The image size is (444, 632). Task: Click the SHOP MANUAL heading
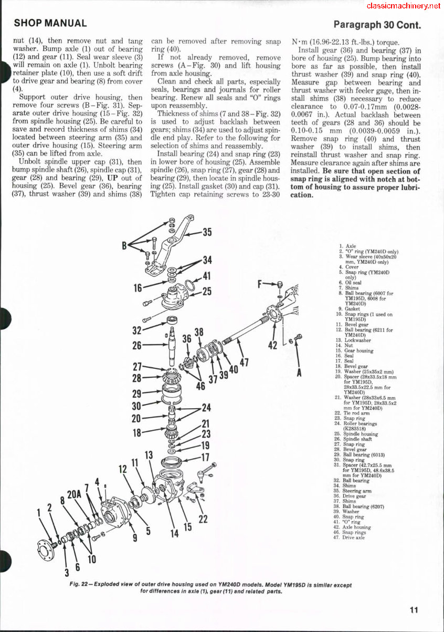pos(50,23)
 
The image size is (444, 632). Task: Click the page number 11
pos(415,610)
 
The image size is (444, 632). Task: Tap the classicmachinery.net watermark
pos(403,6)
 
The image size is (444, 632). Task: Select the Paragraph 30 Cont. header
pos(377,25)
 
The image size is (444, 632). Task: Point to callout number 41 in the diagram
pos(207,276)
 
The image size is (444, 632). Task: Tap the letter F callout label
pos(260,284)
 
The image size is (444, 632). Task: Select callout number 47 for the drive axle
pos(244,363)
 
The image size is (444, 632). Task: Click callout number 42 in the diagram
pos(272,345)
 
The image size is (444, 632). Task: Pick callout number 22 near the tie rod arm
pos(204,519)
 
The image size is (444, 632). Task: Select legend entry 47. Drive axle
pos(357,537)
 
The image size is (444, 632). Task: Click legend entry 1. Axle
pos(347,246)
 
